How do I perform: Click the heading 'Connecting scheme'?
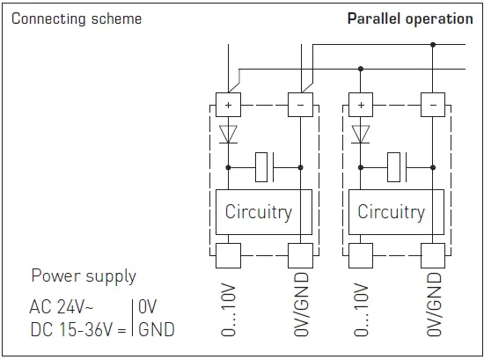tap(76, 18)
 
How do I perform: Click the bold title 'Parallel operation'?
tap(409, 18)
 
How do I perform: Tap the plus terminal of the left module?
tap(228, 105)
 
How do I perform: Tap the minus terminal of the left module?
tap(300, 105)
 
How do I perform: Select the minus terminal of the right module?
tap(432, 105)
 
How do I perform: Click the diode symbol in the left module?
tap(228, 135)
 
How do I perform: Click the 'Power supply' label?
tap(84, 276)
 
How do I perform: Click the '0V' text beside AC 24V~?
tap(148, 308)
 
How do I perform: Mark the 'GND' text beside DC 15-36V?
tap(156, 330)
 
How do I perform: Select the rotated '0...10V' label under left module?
tap(229, 311)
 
